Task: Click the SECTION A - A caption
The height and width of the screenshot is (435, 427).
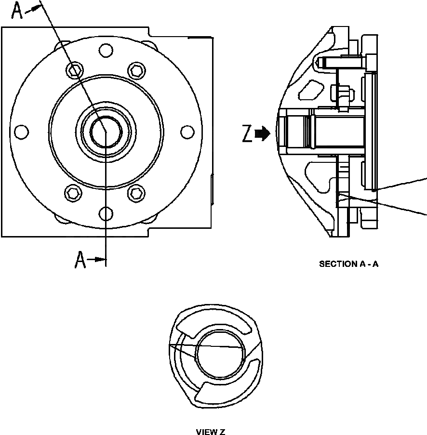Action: [x=348, y=264]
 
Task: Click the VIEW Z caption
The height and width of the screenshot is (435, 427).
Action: [x=211, y=432]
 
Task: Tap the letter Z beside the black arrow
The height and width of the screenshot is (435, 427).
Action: [x=247, y=135]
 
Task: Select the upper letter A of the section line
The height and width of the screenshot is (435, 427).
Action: [x=17, y=11]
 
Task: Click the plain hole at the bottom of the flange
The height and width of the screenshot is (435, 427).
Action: [x=106, y=212]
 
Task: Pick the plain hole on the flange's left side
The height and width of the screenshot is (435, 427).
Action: [x=22, y=131]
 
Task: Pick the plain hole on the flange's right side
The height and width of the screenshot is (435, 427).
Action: [x=187, y=131]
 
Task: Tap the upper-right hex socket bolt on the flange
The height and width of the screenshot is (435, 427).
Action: [x=136, y=70]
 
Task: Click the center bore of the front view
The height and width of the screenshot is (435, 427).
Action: [x=105, y=132]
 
